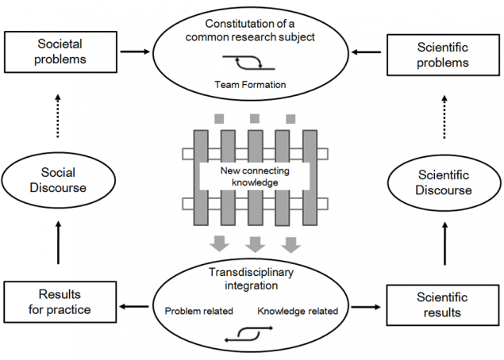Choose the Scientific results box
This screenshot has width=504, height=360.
(x=443, y=304)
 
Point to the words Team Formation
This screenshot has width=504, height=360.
(x=252, y=83)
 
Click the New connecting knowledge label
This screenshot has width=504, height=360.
(x=252, y=176)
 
